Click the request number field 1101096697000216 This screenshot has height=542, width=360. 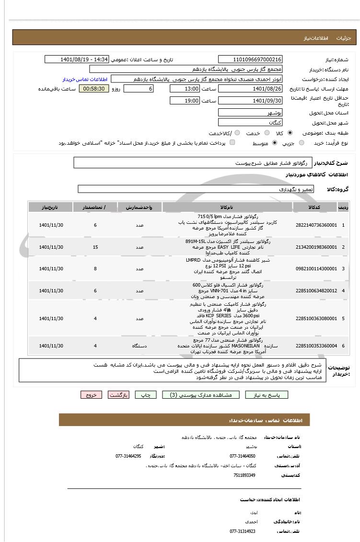tap(250, 59)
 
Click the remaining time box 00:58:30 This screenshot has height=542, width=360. tap(94, 89)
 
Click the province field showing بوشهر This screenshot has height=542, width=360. tap(250, 113)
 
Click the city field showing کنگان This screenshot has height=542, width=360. tap(250, 123)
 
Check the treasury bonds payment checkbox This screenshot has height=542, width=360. tap(232, 142)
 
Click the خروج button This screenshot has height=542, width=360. tap(91, 395)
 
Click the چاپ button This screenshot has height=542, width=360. tap(146, 395)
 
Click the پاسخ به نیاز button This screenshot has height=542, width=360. tap(267, 395)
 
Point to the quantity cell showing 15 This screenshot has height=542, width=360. tap(95, 247)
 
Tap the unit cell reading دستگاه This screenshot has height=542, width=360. tap(139, 346)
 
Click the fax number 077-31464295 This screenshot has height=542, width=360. tap(128, 456)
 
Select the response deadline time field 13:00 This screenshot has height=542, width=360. tap(185, 89)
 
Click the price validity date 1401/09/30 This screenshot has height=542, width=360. tap(250, 101)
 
